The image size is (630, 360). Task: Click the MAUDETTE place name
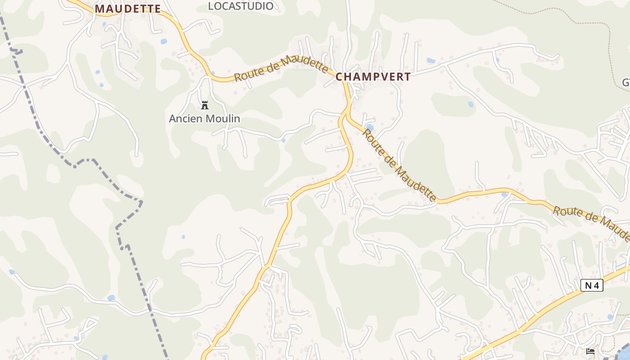pos(128,9)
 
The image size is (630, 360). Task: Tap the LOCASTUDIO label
pos(241,6)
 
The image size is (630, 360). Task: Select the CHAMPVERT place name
pos(373,77)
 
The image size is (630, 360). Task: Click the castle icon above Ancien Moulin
pos(205,106)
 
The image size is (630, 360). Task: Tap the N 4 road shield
pos(591,285)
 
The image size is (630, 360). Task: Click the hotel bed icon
pos(590,351)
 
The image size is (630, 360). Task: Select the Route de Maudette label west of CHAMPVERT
pos(282,68)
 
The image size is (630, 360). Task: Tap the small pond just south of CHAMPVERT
pos(369,127)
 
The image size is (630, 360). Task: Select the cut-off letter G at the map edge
pos(626,83)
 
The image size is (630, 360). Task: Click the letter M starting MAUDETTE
pos(99,9)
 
